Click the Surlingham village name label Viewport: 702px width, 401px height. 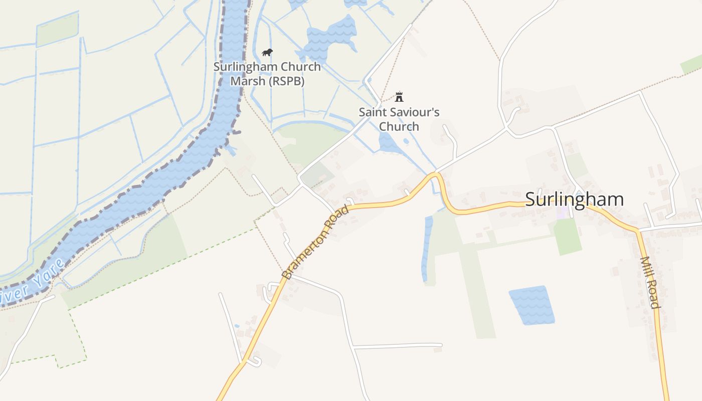574,199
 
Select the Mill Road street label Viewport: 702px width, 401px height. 649,282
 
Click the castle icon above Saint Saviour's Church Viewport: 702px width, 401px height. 399,96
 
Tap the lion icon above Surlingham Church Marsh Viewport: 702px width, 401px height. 267,52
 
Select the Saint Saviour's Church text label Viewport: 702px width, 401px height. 399,119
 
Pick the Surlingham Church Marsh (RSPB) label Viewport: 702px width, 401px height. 267,74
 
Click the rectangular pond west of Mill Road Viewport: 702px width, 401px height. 532,305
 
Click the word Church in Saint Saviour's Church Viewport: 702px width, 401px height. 399,126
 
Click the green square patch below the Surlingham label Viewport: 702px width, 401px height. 567,236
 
